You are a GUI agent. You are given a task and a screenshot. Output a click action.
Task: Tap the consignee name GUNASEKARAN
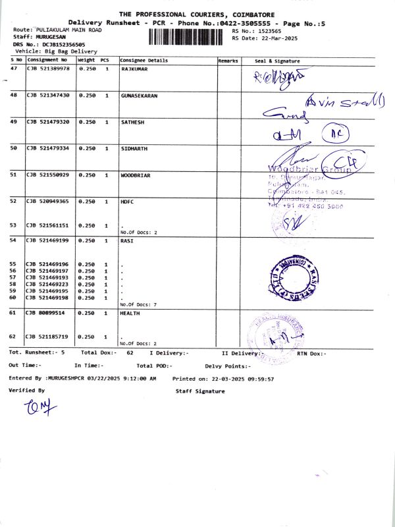tap(140, 96)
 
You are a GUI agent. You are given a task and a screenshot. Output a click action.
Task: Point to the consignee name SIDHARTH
tap(134, 149)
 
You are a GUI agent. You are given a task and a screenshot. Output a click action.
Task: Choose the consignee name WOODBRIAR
tap(136, 175)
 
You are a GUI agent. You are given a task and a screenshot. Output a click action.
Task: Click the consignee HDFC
tap(128, 201)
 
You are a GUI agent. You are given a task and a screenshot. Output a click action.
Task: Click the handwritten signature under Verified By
tap(39, 410)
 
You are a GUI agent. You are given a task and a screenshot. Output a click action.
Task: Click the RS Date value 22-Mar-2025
tap(275, 38)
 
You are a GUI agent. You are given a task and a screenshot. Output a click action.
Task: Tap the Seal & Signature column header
tap(277, 61)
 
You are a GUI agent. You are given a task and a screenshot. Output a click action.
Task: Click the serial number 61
tap(13, 314)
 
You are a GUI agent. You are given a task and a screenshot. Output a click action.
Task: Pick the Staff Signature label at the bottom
tap(199, 391)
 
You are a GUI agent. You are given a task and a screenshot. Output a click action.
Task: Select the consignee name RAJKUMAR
tap(136, 69)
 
